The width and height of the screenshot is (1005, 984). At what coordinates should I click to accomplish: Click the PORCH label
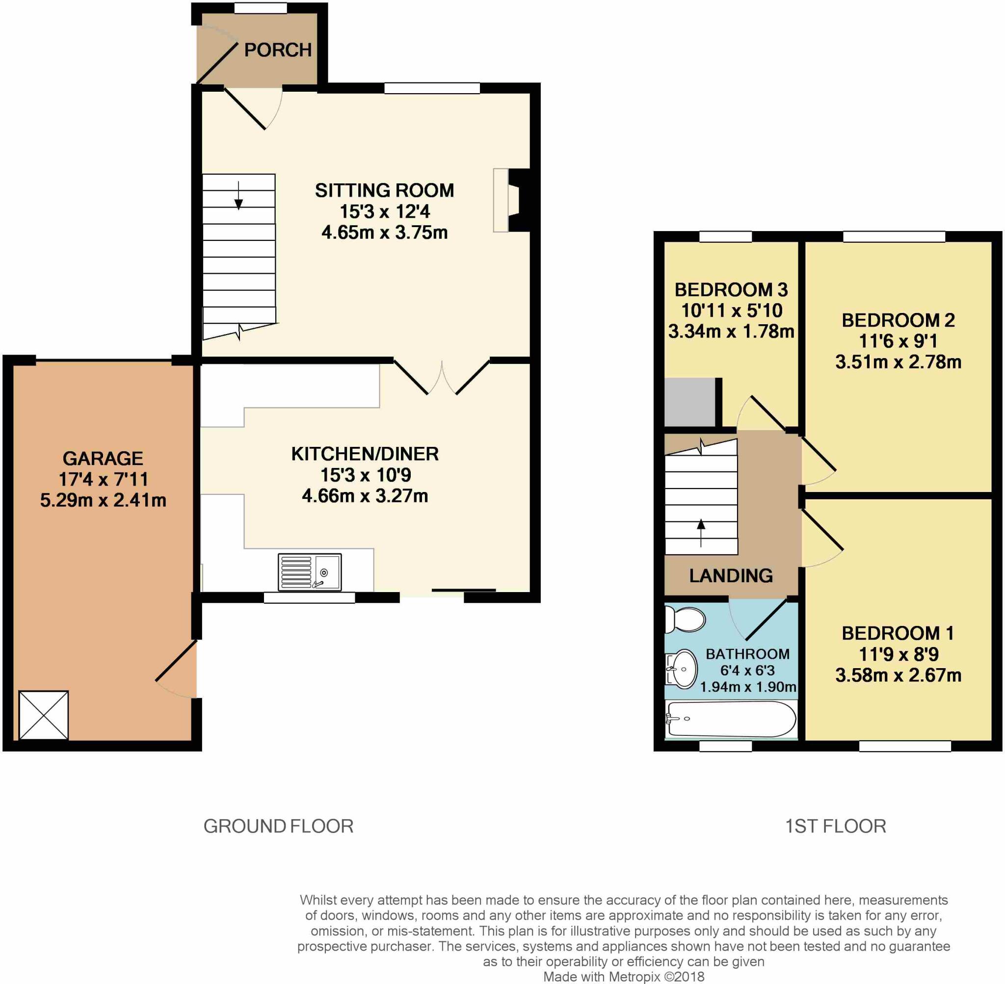[x=278, y=50]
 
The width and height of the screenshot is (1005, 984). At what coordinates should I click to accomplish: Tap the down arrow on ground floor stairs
[x=238, y=196]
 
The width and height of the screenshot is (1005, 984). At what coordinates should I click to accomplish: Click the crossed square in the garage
[x=43, y=715]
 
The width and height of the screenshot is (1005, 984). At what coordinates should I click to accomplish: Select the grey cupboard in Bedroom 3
[x=689, y=402]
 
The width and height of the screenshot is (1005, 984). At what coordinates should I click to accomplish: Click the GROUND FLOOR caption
[x=278, y=827]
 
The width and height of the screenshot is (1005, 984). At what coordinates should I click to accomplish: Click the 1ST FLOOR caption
[x=835, y=827]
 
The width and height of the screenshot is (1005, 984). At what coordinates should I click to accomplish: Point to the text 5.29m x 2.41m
[x=103, y=500]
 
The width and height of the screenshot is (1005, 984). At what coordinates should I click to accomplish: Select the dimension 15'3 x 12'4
[x=384, y=211]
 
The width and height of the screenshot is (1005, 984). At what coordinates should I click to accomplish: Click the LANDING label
[x=731, y=575]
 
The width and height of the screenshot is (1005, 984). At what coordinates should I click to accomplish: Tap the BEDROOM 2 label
[x=898, y=320]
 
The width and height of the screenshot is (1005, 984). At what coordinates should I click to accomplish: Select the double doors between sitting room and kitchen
[x=442, y=377]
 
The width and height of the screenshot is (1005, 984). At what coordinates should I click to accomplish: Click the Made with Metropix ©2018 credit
[x=624, y=976]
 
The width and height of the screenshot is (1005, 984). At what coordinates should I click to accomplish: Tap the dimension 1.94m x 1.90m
[x=747, y=687]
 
